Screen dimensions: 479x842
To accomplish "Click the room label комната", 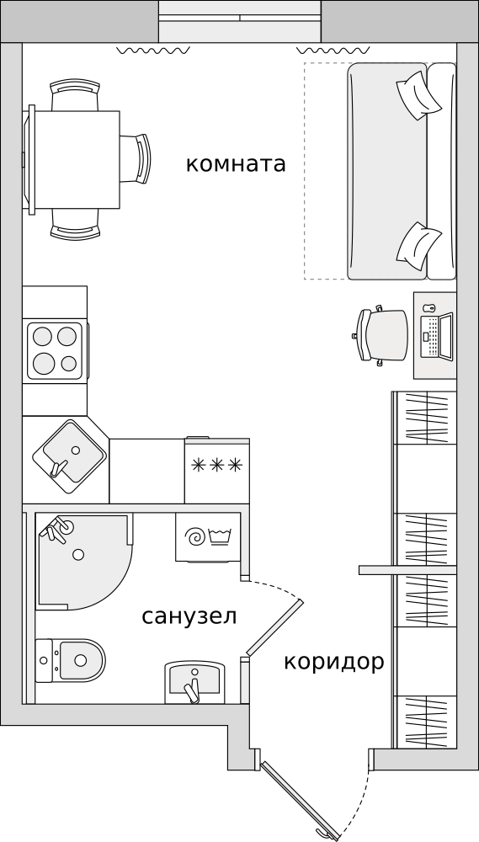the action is [x=236, y=164].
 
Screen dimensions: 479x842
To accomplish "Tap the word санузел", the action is [x=189, y=617].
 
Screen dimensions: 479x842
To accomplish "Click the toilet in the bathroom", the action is [x=71, y=660].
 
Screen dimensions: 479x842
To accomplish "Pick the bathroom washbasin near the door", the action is [x=194, y=681].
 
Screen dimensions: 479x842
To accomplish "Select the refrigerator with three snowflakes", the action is [x=217, y=471].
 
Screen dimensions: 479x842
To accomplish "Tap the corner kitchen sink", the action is [x=69, y=457].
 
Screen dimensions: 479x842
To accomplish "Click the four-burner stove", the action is [x=56, y=350].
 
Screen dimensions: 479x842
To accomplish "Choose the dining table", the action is [x=74, y=159].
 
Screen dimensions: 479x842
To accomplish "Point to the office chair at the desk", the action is [x=381, y=336].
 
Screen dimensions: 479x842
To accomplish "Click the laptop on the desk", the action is [x=437, y=337].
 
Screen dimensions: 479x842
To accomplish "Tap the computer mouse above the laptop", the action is [x=428, y=308].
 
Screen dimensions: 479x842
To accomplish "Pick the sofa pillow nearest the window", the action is [x=419, y=96].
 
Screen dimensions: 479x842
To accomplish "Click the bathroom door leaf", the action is [x=274, y=627].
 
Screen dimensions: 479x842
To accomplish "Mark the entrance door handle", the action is [x=324, y=834].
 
